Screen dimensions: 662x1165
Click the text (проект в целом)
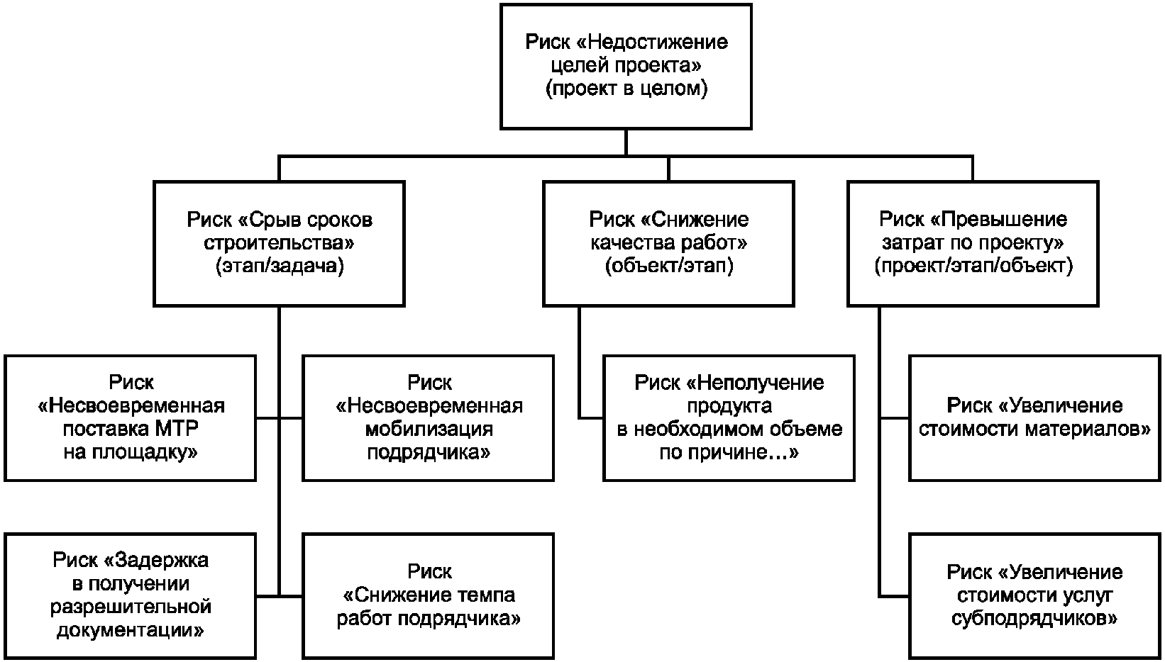click(626, 89)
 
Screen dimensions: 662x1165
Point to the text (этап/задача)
click(279, 267)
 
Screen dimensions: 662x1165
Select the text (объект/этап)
click(668, 267)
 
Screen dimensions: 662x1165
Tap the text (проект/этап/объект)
click(973, 267)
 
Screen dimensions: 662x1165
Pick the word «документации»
click(131, 630)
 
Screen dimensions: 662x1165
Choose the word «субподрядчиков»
click(1034, 618)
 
